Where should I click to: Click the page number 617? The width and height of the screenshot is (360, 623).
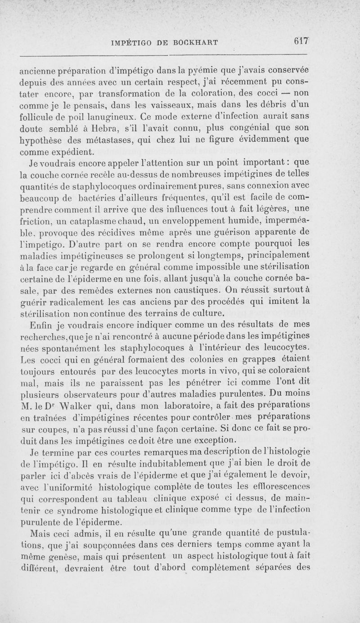(x=299, y=41)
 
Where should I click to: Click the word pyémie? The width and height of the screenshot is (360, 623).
(x=213, y=70)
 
